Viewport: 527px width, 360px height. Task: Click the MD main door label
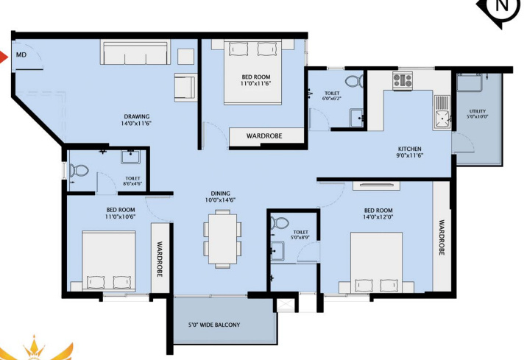click(x=21, y=54)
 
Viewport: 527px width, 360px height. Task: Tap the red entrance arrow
click(x=4, y=55)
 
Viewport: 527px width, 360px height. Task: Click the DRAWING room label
click(x=137, y=116)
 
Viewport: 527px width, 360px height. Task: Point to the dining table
click(x=222, y=236)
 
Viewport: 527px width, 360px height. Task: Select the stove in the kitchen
click(x=403, y=80)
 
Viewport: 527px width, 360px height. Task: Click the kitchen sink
click(x=442, y=110)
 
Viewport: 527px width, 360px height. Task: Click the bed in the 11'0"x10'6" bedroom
click(x=108, y=262)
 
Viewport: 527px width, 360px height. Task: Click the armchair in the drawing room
click(x=185, y=86)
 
